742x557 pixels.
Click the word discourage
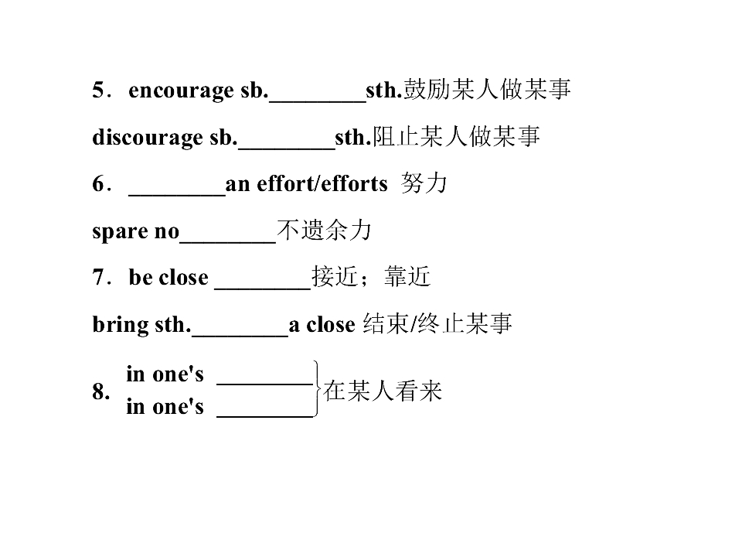click(x=148, y=138)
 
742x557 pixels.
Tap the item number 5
click(x=98, y=90)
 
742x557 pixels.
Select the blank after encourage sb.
click(x=318, y=101)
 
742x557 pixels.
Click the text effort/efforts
click(x=322, y=183)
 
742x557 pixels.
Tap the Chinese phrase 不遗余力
click(x=324, y=231)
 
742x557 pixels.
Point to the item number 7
click(x=98, y=277)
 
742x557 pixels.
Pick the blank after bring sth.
click(x=240, y=335)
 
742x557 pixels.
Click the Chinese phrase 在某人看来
click(x=383, y=391)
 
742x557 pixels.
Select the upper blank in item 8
click(x=265, y=384)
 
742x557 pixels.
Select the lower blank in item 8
click(x=265, y=416)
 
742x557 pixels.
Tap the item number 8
click(x=100, y=391)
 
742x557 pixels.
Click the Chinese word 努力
click(x=424, y=183)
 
